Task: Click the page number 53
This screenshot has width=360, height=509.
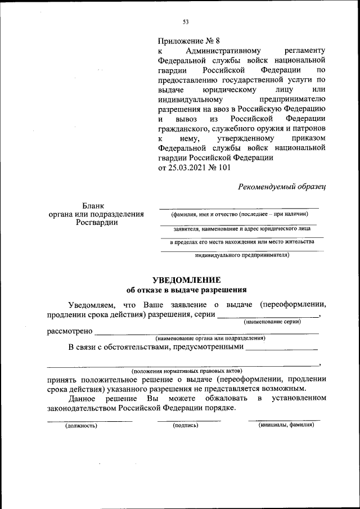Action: coord(186,22)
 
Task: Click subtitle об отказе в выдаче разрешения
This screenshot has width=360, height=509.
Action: coord(186,290)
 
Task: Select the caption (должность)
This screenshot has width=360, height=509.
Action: coord(81,426)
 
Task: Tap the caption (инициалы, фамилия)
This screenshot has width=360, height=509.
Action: coord(286,425)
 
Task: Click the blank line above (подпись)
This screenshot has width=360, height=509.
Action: coord(188,420)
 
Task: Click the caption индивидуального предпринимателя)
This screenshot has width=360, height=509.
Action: coord(242,255)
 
